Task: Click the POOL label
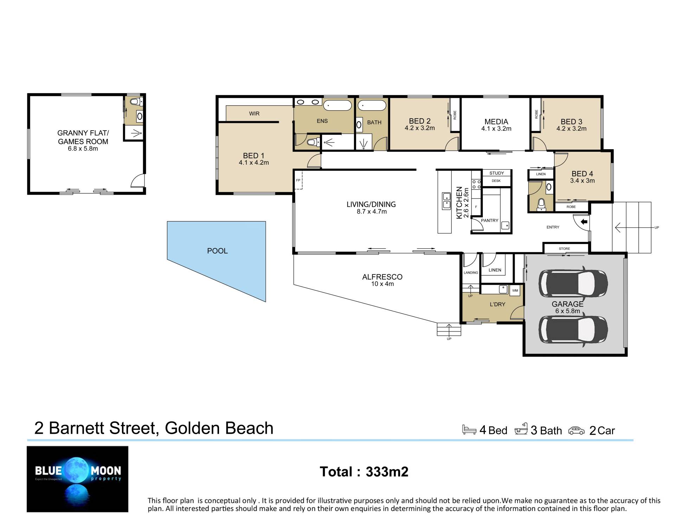tap(217, 251)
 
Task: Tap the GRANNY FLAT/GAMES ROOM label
tap(83, 137)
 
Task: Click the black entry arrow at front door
tap(584, 222)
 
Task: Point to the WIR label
tap(254, 113)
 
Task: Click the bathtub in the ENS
tap(337, 105)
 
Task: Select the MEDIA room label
tap(496, 122)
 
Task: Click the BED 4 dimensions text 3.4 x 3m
tap(582, 181)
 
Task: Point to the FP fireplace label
tap(298, 180)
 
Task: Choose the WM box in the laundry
tap(515, 291)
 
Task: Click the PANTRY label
tap(489, 221)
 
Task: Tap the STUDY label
tap(496, 173)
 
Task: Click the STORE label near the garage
tap(564, 249)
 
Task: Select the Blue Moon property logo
tap(78, 479)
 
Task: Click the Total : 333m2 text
tap(364, 472)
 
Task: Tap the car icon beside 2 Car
tap(576, 431)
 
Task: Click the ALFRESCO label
tap(382, 277)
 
